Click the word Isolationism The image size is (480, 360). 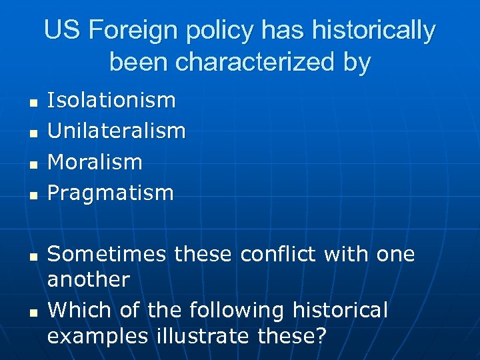[111, 101]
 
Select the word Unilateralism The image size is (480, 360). [117, 131]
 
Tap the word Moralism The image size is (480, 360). [95, 162]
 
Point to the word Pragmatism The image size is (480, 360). [110, 193]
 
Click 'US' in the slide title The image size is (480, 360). [62, 31]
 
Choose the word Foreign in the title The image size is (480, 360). [127, 31]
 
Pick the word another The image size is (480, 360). [88, 279]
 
